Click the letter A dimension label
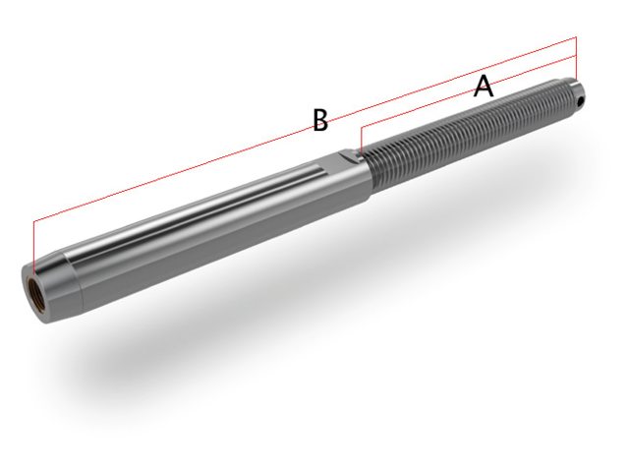click(x=483, y=87)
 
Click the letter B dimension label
click(x=319, y=121)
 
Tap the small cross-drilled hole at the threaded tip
click(x=581, y=99)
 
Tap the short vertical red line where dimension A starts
click(x=361, y=139)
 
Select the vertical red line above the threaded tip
click(x=577, y=59)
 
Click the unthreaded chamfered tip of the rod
click(x=574, y=95)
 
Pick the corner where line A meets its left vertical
click(x=361, y=127)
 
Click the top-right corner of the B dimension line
click(x=577, y=37)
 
